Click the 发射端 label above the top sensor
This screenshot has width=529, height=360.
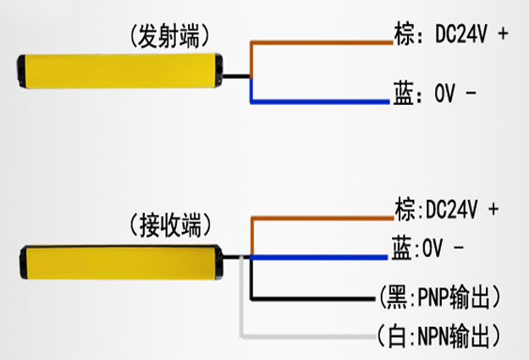pos(169,36)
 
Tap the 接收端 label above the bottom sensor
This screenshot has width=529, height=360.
pos(170,225)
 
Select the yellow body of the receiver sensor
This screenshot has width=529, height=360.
pos(121,263)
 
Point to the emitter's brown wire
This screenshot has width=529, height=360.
pos(321,43)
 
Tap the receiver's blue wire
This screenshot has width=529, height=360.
pos(319,258)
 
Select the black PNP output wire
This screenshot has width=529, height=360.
pos(312,298)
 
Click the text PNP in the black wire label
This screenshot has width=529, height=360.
pos(433,296)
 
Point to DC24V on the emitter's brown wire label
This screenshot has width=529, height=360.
pos(461,34)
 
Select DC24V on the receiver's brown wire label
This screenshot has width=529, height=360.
pos(452,209)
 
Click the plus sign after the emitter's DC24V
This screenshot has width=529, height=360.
pos(503,33)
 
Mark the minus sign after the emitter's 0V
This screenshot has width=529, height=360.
pos(471,92)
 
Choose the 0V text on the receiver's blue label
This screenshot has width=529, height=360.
pos(433,248)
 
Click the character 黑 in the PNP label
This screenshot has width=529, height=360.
pos(397,297)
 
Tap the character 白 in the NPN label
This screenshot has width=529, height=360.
pos(397,335)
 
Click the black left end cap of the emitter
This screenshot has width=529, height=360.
pos(21,71)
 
